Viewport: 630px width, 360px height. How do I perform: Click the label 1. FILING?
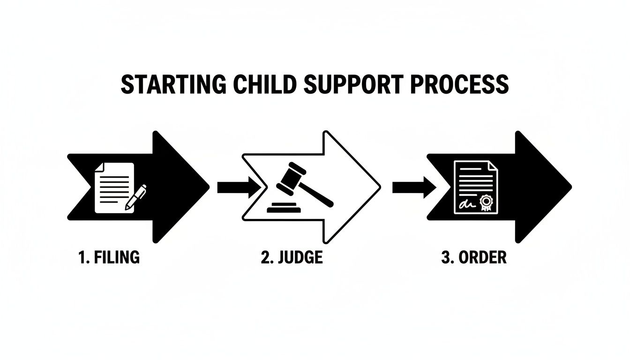(109, 257)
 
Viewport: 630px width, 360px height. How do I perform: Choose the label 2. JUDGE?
(292, 257)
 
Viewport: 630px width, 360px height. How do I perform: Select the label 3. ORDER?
(474, 257)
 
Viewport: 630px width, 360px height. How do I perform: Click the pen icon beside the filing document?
(136, 197)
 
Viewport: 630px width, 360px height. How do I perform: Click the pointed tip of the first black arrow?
(208, 187)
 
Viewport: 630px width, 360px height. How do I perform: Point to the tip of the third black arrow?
(570, 187)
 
